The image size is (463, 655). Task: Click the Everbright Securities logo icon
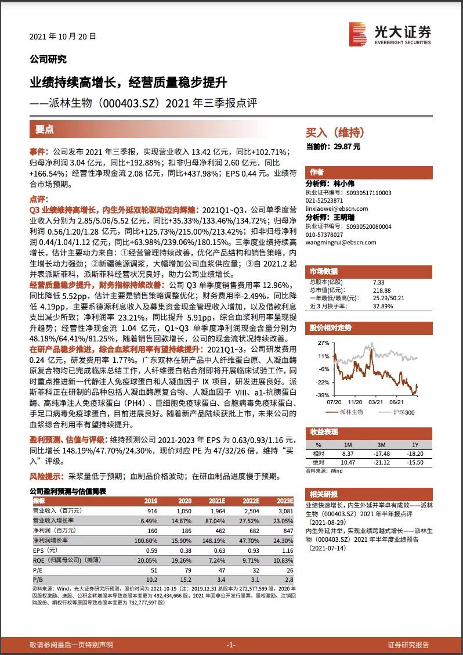(358, 34)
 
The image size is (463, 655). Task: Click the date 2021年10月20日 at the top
(63, 37)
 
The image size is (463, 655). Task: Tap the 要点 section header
(44, 129)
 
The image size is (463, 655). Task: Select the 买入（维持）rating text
(335, 132)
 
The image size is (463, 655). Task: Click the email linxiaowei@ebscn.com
(337, 208)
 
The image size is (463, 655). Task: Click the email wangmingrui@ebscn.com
(341, 242)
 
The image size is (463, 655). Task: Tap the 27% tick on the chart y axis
(324, 343)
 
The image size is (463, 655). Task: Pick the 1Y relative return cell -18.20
(416, 454)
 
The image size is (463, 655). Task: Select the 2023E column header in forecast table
(285, 501)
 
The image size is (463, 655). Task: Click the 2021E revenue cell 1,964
(218, 511)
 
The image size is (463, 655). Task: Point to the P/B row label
(38, 580)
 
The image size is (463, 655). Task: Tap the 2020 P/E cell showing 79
(188, 570)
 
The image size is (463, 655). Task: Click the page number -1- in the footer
(231, 645)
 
